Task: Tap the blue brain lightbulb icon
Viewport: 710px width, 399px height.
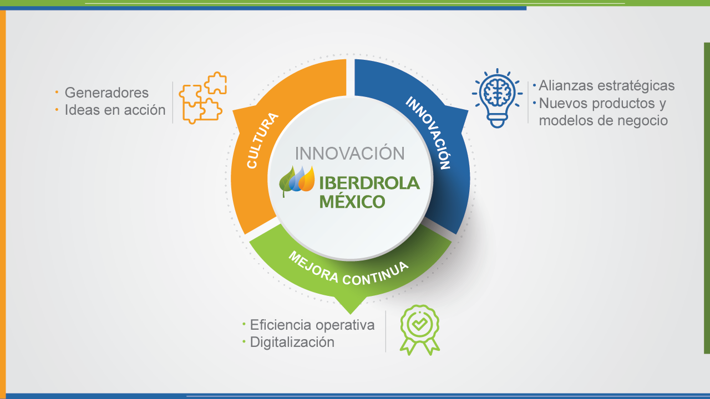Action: [x=497, y=98]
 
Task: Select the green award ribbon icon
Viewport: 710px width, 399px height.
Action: [x=420, y=330]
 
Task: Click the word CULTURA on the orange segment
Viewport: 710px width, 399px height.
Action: [x=262, y=140]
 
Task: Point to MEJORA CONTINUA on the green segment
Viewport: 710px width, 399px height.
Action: [x=348, y=269]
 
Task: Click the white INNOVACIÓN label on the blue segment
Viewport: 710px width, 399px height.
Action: [x=428, y=132]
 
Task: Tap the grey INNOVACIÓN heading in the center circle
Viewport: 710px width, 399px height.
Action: [x=349, y=154]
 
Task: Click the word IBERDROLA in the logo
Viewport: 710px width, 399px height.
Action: [x=369, y=183]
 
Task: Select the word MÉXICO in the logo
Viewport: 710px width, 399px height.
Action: [x=352, y=201]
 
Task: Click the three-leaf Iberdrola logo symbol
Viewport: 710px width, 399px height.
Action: [x=297, y=181]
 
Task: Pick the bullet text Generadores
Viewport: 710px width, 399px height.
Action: [x=106, y=93]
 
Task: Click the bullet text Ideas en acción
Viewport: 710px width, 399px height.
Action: [x=115, y=110]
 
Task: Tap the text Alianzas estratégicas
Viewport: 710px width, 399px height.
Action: [x=607, y=86]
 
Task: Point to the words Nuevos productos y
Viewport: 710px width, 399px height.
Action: [x=602, y=104]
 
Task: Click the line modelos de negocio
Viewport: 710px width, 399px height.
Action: [x=603, y=121]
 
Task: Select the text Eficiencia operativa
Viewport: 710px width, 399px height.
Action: [x=312, y=325]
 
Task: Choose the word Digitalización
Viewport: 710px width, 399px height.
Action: [x=292, y=342]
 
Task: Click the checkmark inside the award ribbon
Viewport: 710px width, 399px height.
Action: [x=420, y=324]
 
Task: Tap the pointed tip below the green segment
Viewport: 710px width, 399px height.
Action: [x=350, y=314]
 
